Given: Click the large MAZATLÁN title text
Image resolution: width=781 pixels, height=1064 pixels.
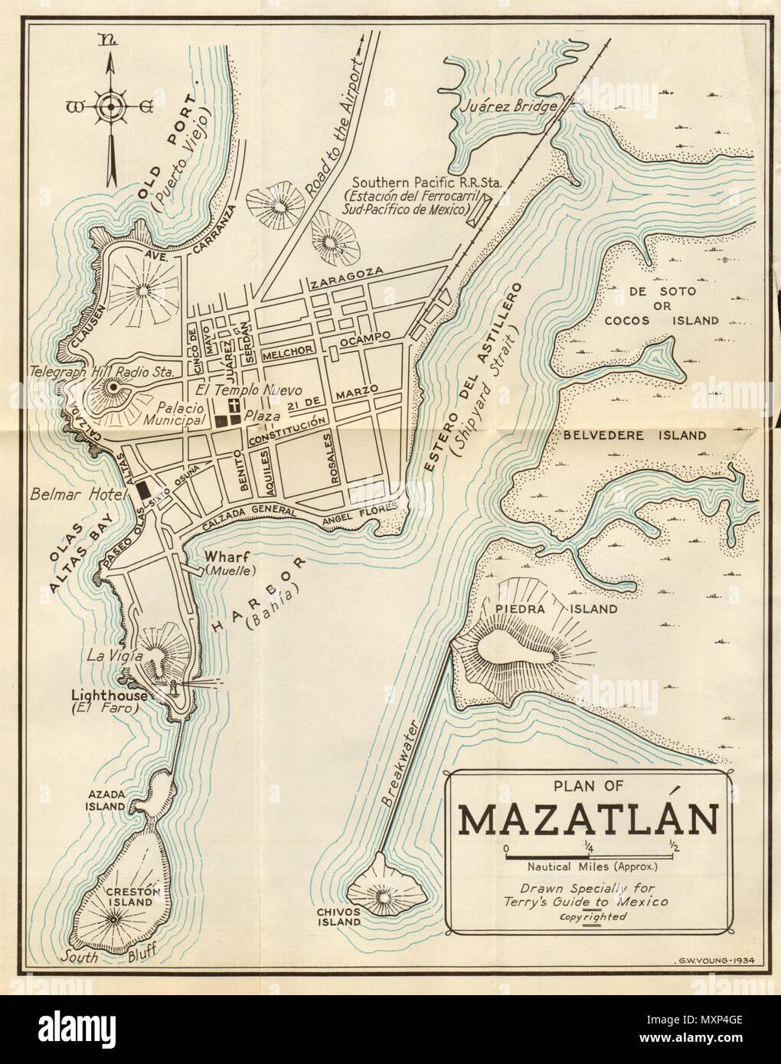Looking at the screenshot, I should point(588,821).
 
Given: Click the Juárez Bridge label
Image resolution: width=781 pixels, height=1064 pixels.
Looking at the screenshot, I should point(504,108).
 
